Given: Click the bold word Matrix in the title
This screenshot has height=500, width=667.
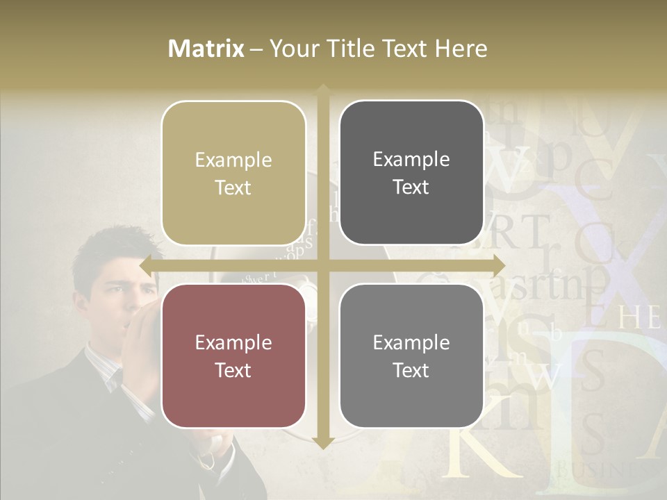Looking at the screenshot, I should click(x=206, y=49).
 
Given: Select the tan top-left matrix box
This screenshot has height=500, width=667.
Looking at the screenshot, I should click(x=233, y=173).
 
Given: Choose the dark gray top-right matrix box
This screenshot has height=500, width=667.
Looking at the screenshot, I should click(x=411, y=173).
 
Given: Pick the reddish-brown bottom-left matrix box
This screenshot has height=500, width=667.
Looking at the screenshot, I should click(x=233, y=356).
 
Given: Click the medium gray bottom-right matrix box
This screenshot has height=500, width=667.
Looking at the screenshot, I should click(x=411, y=356).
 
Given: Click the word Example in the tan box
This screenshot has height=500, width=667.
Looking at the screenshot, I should click(x=233, y=160).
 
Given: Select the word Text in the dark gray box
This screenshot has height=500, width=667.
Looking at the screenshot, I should click(x=411, y=187).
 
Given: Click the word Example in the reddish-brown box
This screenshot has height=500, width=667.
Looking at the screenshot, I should click(x=233, y=342).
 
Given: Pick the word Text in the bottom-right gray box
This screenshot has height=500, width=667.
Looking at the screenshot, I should click(x=411, y=370).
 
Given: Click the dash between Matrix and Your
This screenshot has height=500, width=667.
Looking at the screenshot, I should click(x=257, y=49).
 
